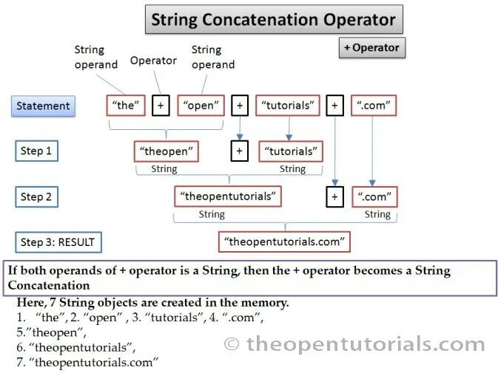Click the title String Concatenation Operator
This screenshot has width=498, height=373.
coord(274,19)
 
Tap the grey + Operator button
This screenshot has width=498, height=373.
coord(372,48)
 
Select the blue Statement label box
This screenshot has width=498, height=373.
coord(44,106)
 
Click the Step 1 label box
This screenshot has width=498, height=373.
coord(36,151)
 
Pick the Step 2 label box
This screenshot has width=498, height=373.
coord(36,196)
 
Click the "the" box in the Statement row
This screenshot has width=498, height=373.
coord(126,106)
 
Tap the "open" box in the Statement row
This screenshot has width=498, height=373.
coord(200,106)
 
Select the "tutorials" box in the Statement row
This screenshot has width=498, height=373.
coord(287,106)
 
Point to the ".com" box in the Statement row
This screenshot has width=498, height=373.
coord(373,106)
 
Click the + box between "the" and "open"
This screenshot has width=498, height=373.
coord(161,106)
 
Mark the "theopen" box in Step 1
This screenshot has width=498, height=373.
coord(166,151)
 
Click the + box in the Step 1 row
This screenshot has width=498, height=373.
coord(238,151)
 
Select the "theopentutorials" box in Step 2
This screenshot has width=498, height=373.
coord(229,196)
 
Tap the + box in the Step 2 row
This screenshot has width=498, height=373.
coord(334,196)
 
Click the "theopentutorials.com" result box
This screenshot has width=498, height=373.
coord(283,242)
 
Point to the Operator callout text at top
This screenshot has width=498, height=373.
coord(153,61)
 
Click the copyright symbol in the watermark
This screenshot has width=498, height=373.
coord(232,343)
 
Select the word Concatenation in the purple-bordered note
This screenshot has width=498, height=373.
coord(49,285)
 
